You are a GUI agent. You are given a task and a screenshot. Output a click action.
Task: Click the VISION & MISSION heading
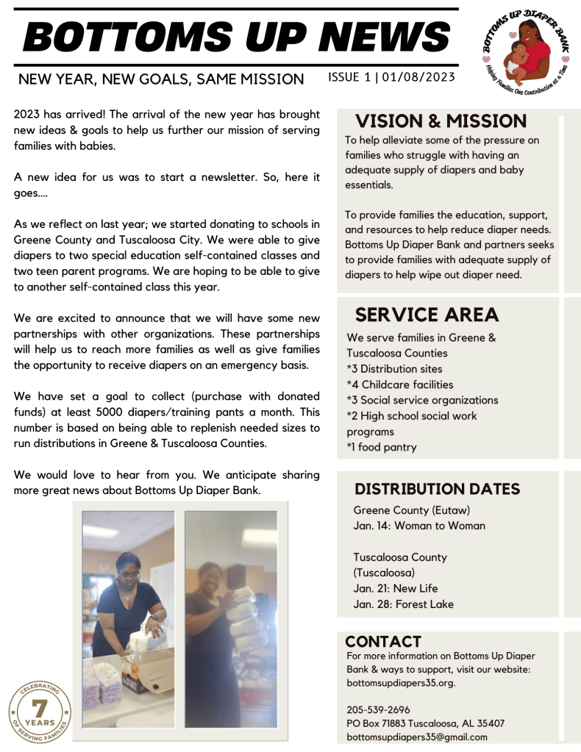pos(441,121)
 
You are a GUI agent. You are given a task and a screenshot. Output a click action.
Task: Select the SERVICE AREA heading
pos(427,315)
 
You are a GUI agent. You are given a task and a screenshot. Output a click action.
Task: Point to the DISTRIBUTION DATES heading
pos(437,489)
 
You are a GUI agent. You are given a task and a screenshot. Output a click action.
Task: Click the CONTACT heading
pos(383,642)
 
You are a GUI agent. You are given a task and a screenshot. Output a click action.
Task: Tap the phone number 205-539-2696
pos(378,709)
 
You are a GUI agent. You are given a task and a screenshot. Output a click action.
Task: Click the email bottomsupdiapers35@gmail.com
pos(416,737)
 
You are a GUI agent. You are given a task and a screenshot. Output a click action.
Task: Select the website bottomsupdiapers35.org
pos(401,682)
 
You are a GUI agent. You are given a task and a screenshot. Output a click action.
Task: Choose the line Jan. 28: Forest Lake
pos(403,604)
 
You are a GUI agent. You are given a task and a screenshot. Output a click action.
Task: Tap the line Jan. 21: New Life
pos(395,588)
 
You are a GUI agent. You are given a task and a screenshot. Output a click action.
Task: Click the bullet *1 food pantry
pos(382,447)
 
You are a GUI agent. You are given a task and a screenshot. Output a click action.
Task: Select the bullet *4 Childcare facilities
pos(400,384)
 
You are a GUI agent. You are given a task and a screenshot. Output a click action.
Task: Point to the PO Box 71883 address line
pos(425,723)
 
